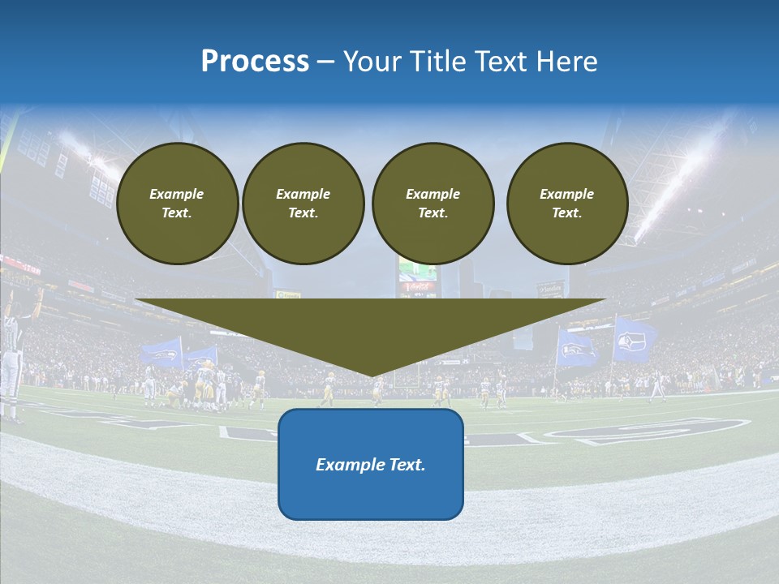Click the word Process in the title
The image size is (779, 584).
pos(255,62)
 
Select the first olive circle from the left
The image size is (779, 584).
pos(177,204)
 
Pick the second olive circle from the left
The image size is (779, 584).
pos(303,204)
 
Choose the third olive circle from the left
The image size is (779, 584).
pos(433,204)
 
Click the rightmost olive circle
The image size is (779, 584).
pos(567,204)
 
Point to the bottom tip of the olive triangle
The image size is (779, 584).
pos(372,375)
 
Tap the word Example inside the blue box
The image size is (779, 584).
pos(348,465)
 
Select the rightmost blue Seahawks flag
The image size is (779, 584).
pos(635,339)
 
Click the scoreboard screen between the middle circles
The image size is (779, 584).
pos(417,273)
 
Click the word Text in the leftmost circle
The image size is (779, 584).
pos(177,213)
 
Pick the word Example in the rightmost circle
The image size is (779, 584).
pos(567,194)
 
